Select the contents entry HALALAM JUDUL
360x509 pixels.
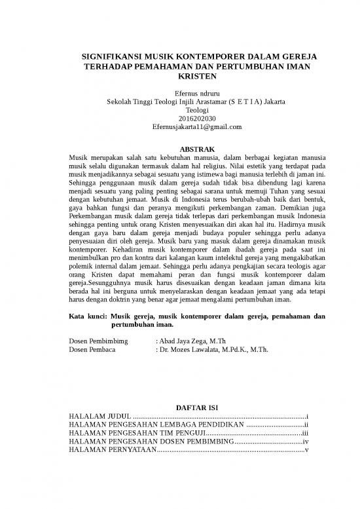tap(100, 417)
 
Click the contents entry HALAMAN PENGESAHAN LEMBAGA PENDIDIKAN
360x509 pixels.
tap(156, 425)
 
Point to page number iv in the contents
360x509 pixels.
tap(306, 442)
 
